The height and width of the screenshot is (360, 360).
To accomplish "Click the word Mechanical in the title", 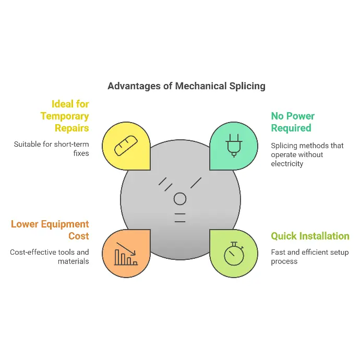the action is coord(201,86).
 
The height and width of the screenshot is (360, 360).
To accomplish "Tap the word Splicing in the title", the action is coord(247,87).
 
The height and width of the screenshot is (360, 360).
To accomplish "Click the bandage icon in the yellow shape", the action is coord(126,146).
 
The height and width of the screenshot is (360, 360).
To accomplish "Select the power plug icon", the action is coord(234,146).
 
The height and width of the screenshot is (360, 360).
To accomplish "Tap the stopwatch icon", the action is coord(234,254).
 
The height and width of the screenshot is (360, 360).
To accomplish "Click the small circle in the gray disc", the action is coord(180,199).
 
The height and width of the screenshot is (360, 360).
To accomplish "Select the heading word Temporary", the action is coord(65,116).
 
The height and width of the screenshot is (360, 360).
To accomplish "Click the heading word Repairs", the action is coord(71,128).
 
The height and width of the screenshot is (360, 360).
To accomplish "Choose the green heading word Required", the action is coord(291,128).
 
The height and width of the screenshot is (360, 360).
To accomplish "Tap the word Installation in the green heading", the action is coord(325,236).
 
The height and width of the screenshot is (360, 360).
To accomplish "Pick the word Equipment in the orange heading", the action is coord(65,224).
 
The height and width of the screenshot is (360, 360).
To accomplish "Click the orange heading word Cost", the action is coord(78,236).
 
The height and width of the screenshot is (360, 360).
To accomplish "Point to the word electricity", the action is coord(287,164).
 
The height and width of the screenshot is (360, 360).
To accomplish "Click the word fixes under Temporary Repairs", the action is coord(81,153).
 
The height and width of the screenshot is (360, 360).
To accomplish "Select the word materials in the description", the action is coord(73,261).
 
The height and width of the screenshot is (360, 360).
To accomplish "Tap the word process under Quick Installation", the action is coord(284,262).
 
